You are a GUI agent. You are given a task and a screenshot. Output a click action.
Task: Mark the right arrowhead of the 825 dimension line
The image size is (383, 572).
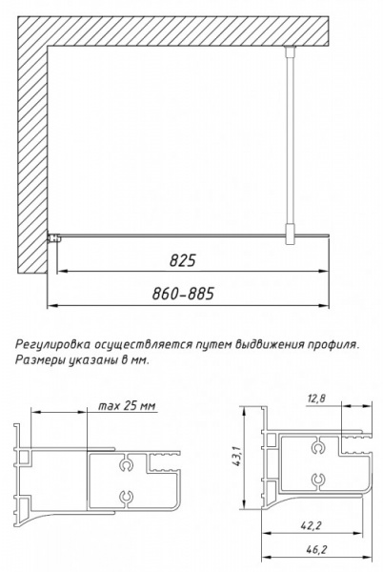[x=330, y=272]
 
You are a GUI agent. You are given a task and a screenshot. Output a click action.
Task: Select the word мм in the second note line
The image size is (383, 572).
[x=142, y=360]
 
